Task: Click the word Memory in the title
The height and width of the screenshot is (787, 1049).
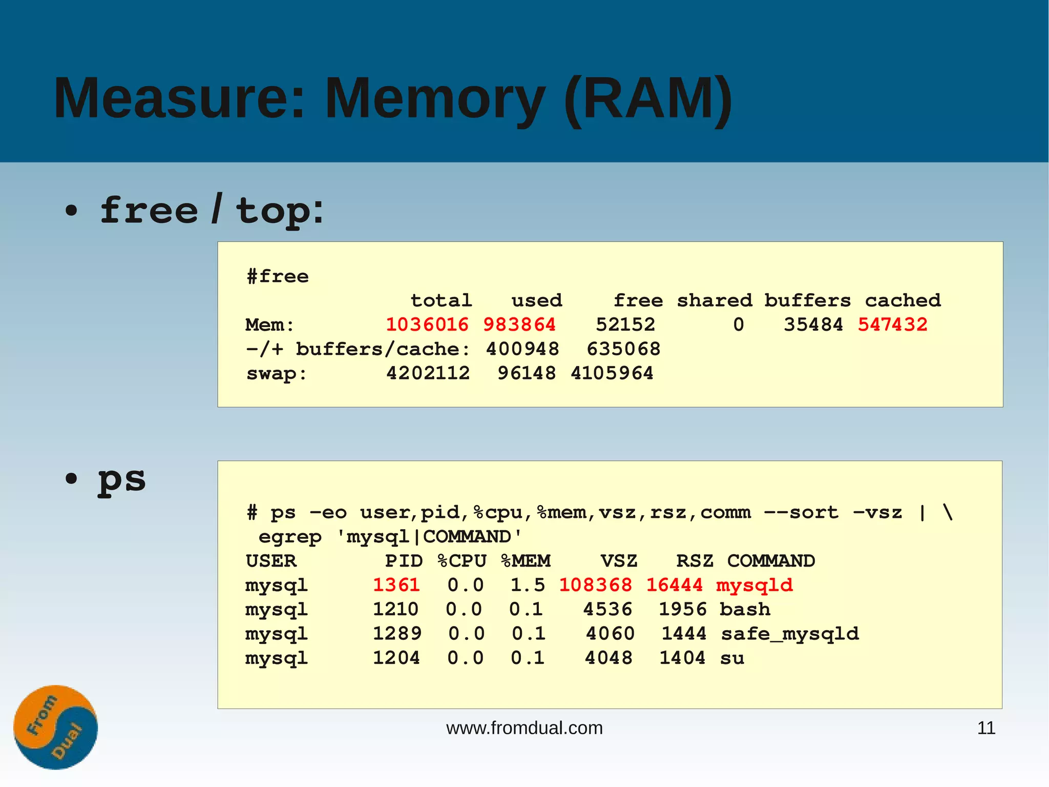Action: pyautogui.click(x=435, y=98)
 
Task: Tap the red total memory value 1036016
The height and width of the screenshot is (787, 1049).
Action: pyautogui.click(x=427, y=325)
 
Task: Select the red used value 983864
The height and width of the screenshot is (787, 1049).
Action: pyautogui.click(x=519, y=325)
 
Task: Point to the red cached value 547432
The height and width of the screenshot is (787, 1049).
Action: pyautogui.click(x=892, y=325)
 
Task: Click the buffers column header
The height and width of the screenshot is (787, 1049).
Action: pyautogui.click(x=807, y=300)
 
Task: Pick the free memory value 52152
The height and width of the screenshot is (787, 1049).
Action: pyautogui.click(x=625, y=325)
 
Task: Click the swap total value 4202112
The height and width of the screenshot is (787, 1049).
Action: pyautogui.click(x=428, y=373)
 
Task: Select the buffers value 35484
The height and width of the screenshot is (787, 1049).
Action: pyautogui.click(x=813, y=325)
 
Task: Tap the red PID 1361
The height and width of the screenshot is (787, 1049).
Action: pyautogui.click(x=396, y=585)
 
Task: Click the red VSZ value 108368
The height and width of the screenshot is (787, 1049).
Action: pyautogui.click(x=595, y=585)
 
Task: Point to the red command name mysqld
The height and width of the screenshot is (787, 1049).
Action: pyautogui.click(x=754, y=585)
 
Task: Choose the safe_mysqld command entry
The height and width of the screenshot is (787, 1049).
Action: pyautogui.click(x=789, y=634)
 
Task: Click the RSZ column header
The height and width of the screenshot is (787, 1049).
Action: pyautogui.click(x=695, y=561)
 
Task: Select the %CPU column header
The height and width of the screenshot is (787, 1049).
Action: pyautogui.click(x=462, y=561)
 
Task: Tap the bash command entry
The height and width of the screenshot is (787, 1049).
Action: pyautogui.click(x=744, y=610)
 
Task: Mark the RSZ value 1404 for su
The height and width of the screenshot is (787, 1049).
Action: pyautogui.click(x=682, y=658)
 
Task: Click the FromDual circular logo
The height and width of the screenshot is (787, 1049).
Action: pyautogui.click(x=55, y=727)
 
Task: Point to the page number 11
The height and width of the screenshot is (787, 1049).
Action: pyautogui.click(x=986, y=728)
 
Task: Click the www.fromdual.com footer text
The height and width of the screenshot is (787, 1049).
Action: pyautogui.click(x=524, y=728)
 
